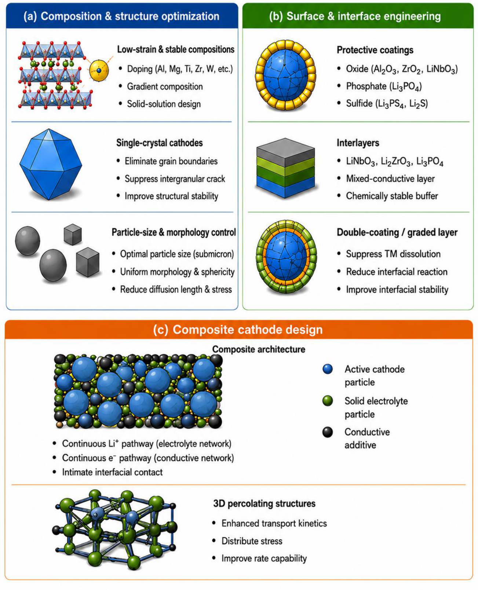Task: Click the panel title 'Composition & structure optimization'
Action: click(x=130, y=16)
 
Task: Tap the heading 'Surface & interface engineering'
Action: click(x=364, y=16)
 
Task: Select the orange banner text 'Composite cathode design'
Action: click(x=248, y=330)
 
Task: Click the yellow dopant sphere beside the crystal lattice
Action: click(x=99, y=71)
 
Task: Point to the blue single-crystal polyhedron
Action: click(x=51, y=164)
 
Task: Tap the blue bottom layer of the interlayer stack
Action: click(x=285, y=187)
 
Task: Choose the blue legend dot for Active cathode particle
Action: click(x=328, y=369)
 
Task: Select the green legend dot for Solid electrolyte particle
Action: click(x=328, y=401)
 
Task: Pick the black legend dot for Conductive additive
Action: click(x=328, y=432)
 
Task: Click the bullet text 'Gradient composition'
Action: click(x=165, y=86)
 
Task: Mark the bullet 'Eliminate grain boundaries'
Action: click(x=171, y=161)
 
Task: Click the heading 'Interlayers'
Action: click(x=358, y=143)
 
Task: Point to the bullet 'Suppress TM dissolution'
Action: click(x=393, y=254)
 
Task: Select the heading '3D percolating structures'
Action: click(x=264, y=503)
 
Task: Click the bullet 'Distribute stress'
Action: click(x=252, y=541)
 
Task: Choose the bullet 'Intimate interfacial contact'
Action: click(x=112, y=472)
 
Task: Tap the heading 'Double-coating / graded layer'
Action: click(x=397, y=232)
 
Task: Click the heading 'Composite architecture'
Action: click(x=259, y=349)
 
